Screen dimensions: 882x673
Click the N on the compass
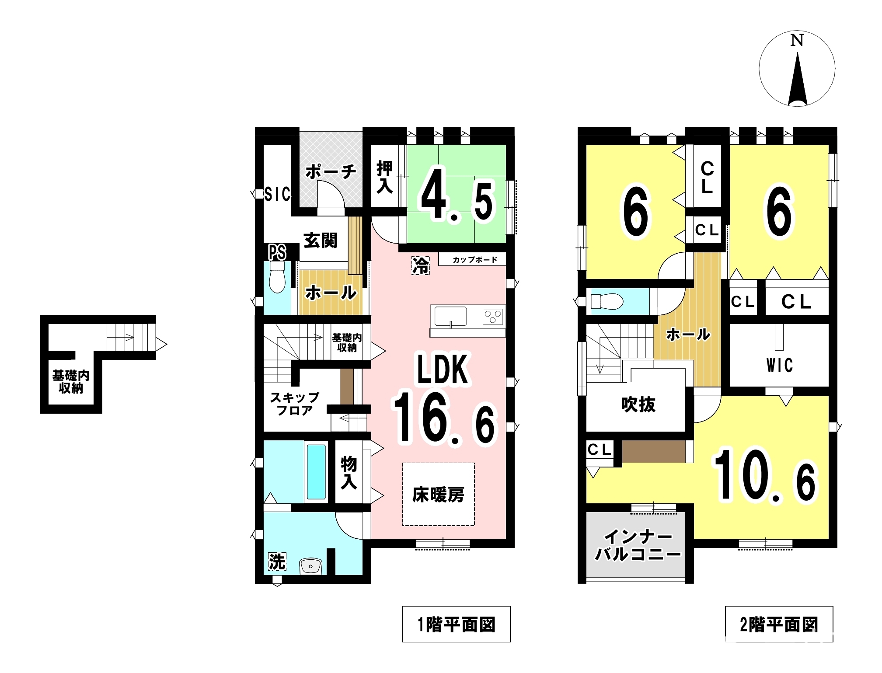point(797,40)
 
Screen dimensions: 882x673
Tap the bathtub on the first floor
point(316,471)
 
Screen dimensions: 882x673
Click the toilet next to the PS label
point(277,277)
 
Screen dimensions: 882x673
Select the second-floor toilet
point(607,301)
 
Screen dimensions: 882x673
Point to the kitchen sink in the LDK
point(450,316)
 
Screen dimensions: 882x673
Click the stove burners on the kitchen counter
point(492,316)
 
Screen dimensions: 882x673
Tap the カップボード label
point(475,260)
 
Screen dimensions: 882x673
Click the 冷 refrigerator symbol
point(421,266)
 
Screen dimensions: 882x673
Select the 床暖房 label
point(438,495)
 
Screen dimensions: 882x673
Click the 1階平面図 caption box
point(456,624)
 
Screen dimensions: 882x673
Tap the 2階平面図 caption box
point(779,624)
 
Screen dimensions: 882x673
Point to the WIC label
point(780,365)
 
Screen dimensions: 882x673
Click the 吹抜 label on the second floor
point(638,404)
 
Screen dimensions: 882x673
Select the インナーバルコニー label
point(638,545)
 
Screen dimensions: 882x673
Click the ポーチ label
point(331,172)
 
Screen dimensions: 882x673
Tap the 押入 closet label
point(385,177)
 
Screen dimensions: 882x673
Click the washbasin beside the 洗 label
point(310,566)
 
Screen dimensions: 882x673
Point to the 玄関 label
point(321,241)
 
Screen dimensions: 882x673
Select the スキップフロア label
point(295,404)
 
